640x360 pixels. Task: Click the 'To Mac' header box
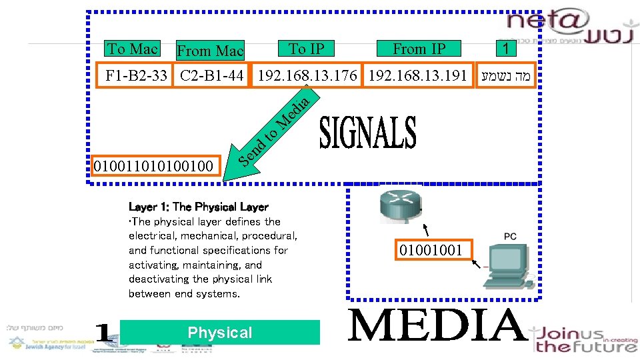click(x=132, y=49)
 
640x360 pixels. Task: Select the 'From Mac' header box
click(x=210, y=51)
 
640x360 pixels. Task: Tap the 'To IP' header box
click(x=307, y=49)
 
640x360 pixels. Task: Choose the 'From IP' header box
click(x=419, y=49)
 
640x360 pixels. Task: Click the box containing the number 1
click(x=506, y=49)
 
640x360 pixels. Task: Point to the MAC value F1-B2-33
click(x=137, y=75)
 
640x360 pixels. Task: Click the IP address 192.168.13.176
click(x=307, y=75)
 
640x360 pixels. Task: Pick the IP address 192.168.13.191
click(x=418, y=75)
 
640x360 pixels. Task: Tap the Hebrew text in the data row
click(x=507, y=75)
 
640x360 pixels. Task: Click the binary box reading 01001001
click(x=431, y=251)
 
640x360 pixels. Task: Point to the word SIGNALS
click(x=368, y=133)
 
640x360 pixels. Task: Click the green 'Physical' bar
click(x=220, y=333)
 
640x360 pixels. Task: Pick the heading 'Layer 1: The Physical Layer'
click(x=198, y=207)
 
